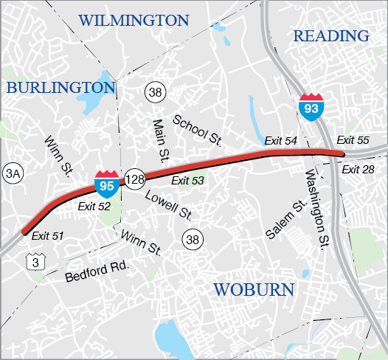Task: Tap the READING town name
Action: pos(330,35)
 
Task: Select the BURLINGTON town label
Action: pos(61,88)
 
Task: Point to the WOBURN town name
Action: pos(254,289)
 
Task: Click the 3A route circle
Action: pos(13,173)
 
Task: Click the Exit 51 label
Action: pos(48,235)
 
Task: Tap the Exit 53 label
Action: pos(187,181)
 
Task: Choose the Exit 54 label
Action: pos(280,141)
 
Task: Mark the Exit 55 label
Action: pos(353,140)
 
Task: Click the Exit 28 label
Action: pos(359,170)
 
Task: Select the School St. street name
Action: pos(198,128)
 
